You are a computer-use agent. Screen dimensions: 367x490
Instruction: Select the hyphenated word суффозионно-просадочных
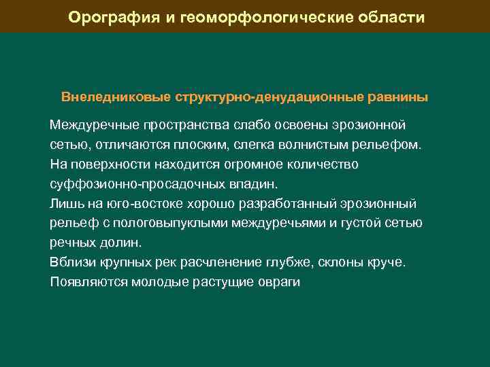131,184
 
